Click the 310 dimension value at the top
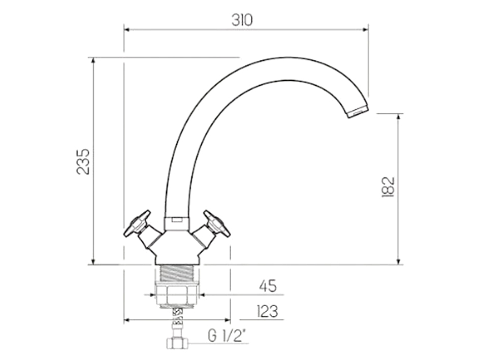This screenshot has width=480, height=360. point(242,20)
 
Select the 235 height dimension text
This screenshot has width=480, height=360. point(83,161)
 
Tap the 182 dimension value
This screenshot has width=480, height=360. point(388,187)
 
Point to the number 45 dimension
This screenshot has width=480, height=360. point(268,286)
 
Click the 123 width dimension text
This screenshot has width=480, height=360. point(267,311)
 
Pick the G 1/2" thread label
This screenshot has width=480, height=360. point(227,336)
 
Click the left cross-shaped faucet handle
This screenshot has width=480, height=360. point(138,223)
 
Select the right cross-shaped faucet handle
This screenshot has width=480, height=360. point(216,223)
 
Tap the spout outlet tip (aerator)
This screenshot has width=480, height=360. point(358,111)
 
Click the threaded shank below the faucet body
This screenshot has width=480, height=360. point(177,274)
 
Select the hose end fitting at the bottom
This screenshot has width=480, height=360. point(177,344)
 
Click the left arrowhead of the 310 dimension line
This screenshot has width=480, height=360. point(127,29)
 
